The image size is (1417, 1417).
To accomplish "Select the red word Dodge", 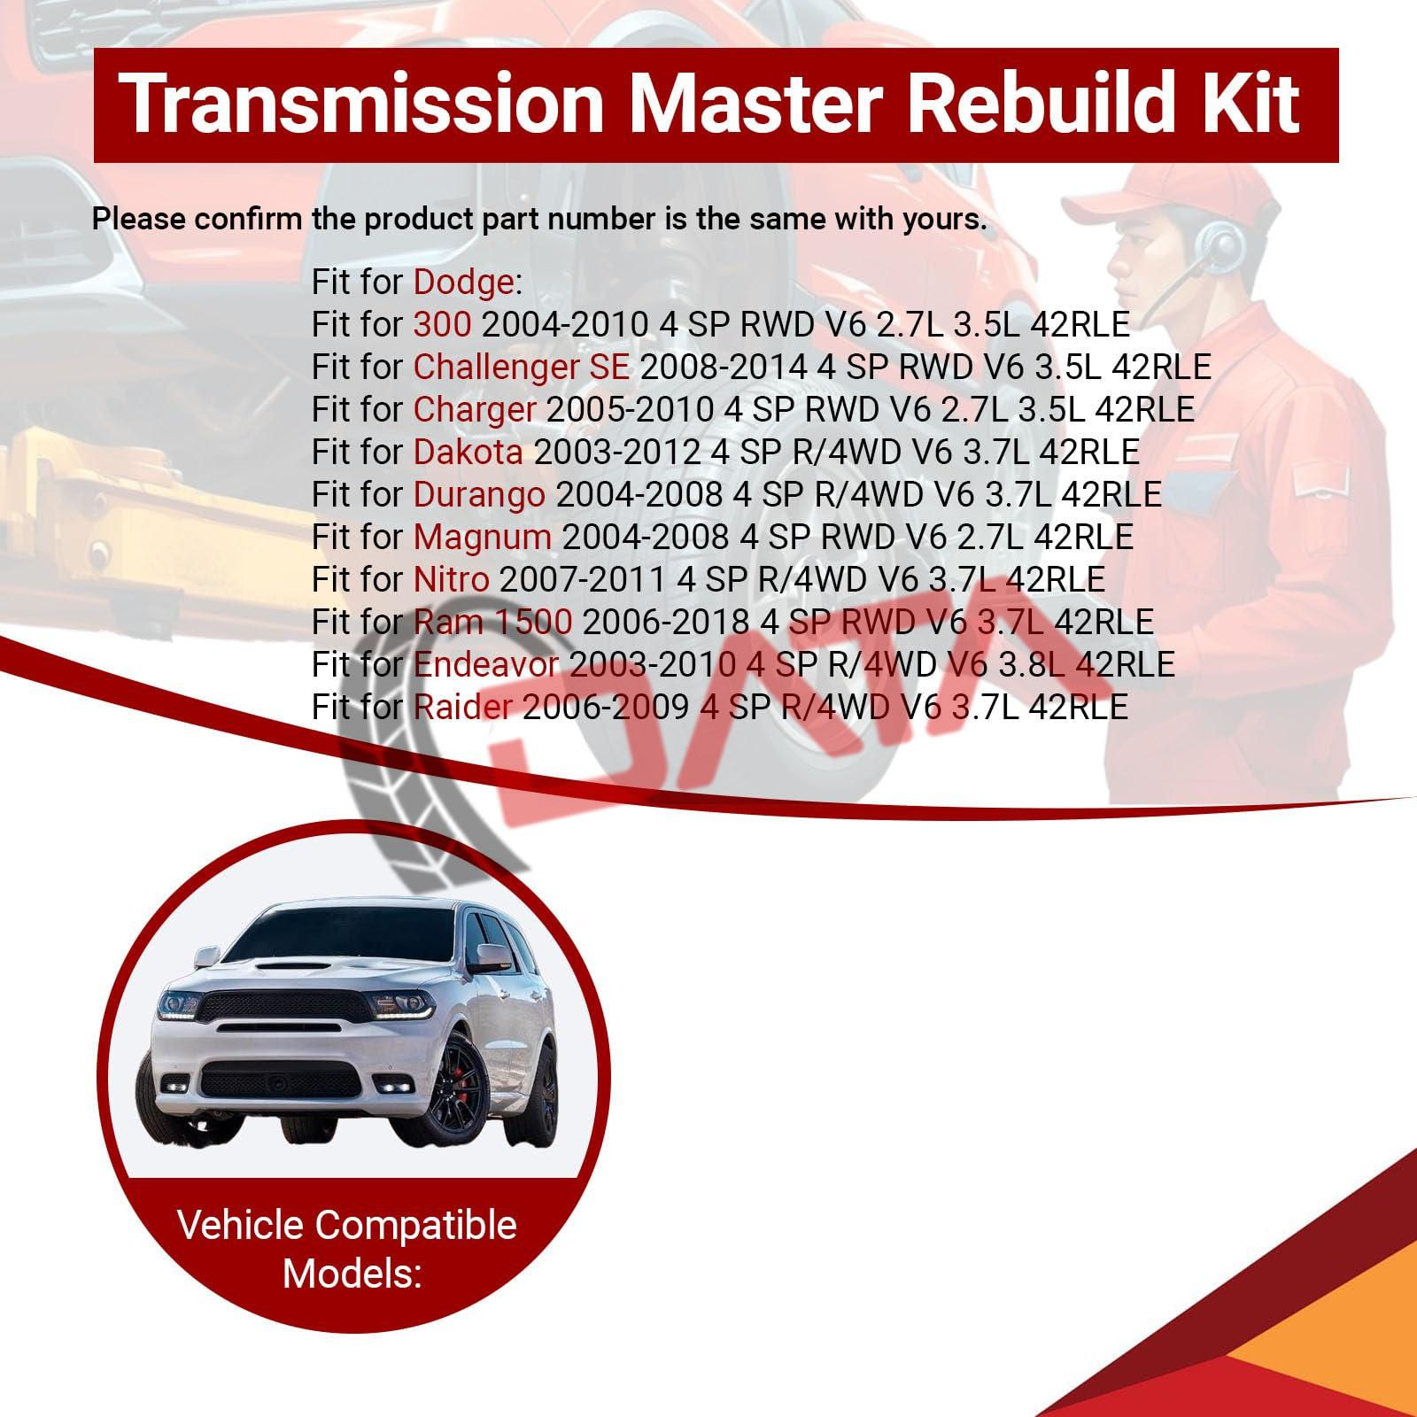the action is click(463, 283).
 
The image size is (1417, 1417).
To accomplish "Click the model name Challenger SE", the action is click(522, 367).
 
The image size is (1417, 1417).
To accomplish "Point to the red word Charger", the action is click(475, 409).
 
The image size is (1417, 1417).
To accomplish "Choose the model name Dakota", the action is click(468, 452).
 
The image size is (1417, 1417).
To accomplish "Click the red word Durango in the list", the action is click(479, 494).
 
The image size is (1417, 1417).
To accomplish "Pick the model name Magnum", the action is click(483, 537).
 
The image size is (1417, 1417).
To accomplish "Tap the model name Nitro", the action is click(452, 579).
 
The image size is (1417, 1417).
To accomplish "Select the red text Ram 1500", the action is click(493, 622).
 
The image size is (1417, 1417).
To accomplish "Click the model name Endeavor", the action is click(486, 664).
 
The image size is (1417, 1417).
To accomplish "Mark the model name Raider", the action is click(463, 707).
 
